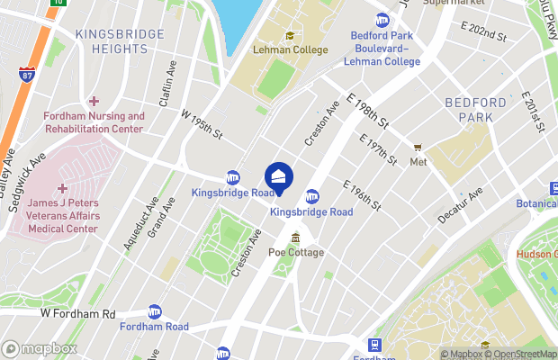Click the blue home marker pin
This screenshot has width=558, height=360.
279,176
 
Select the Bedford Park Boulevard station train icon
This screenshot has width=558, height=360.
382,19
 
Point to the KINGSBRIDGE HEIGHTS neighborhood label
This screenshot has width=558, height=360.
121,41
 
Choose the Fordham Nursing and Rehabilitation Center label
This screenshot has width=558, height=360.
94,122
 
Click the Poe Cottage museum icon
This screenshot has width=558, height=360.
296,237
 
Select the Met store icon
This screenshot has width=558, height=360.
418,148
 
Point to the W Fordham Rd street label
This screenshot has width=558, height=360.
79,314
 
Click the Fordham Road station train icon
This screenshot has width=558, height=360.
154,310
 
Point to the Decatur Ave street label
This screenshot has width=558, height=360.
461,205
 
